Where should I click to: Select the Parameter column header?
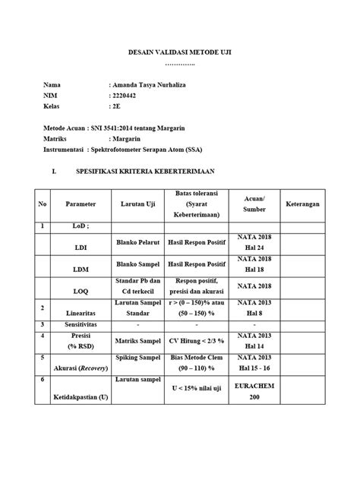(x=81, y=204)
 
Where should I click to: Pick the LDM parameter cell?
(x=81, y=270)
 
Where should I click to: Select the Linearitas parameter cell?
(x=81, y=311)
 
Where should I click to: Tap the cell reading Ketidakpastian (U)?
(x=81, y=397)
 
